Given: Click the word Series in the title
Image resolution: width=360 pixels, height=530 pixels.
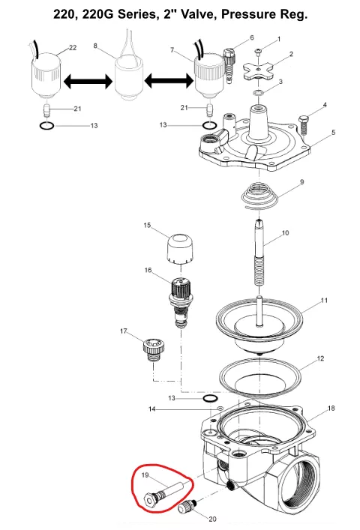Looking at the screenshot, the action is [x=137, y=14].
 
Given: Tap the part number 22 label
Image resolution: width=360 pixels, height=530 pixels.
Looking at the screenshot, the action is [x=73, y=48].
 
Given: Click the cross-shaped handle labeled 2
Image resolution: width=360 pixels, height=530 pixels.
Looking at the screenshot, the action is [x=258, y=69].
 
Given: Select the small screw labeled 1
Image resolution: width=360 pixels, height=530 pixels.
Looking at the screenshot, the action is [x=259, y=51].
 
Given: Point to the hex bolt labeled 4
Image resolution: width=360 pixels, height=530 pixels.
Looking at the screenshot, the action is [x=304, y=127].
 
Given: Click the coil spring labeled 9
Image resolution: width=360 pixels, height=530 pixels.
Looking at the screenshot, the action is [x=259, y=196].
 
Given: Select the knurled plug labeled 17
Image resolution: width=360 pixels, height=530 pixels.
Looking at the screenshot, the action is [x=154, y=349].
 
